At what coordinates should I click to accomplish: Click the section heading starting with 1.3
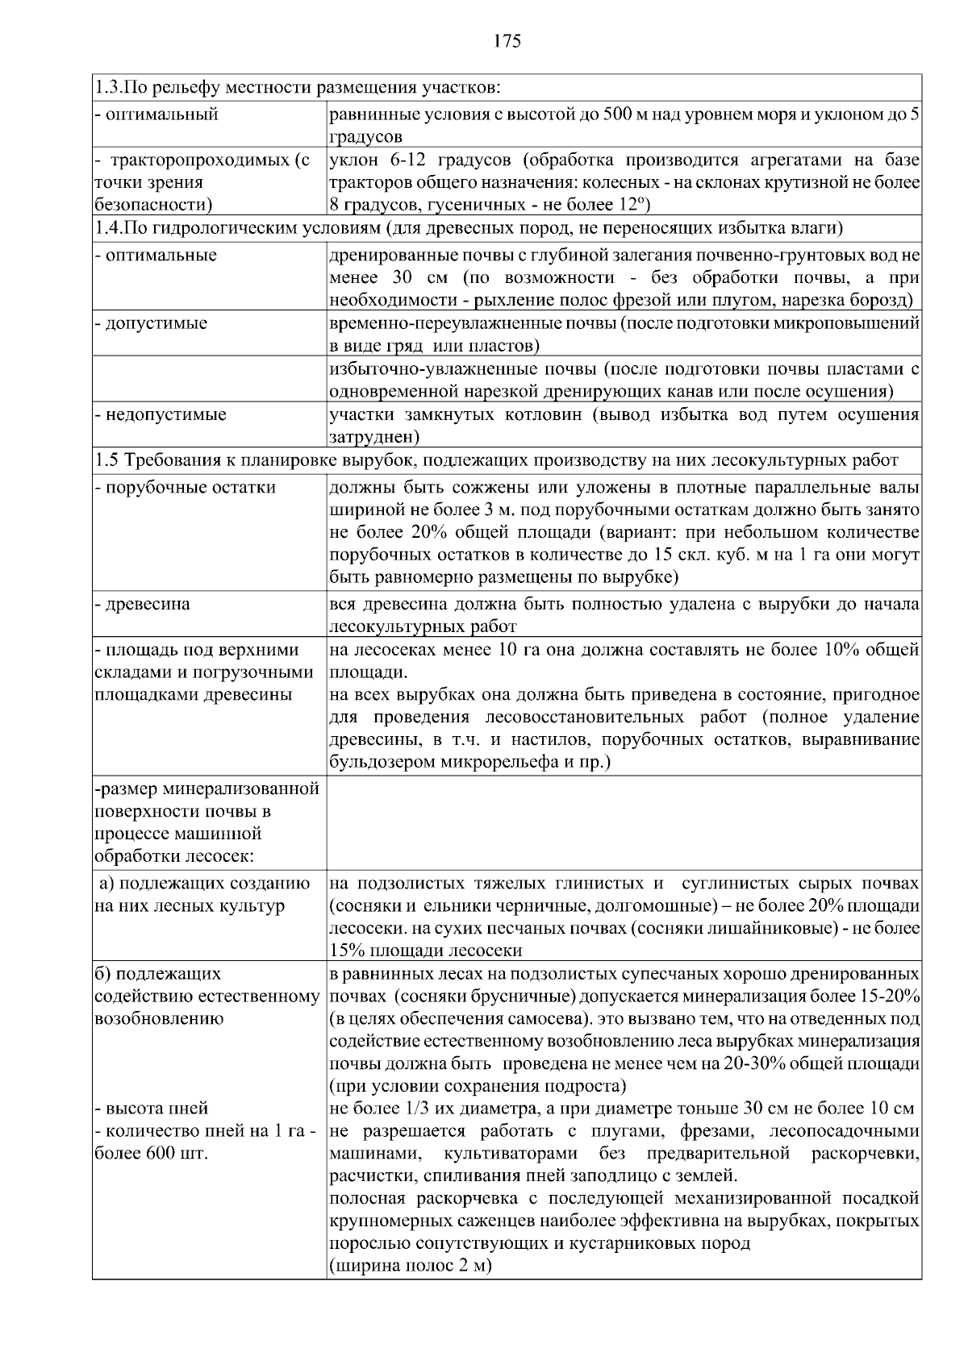[298, 87]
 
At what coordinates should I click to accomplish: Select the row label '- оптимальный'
[157, 114]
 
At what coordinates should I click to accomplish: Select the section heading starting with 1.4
[468, 228]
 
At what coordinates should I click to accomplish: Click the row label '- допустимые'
[152, 323]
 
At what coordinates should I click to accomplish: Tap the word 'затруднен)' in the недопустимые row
[374, 437]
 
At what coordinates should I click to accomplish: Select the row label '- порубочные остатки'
[186, 488]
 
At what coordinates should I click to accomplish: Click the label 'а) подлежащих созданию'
[203, 883]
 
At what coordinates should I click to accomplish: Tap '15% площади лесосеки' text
[426, 951]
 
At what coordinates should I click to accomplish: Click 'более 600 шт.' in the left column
[151, 1153]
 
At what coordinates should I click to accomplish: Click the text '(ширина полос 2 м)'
[410, 1266]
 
